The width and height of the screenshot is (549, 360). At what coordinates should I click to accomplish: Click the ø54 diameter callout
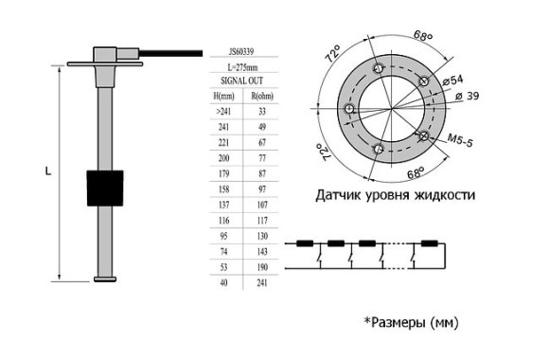tap(453, 81)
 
